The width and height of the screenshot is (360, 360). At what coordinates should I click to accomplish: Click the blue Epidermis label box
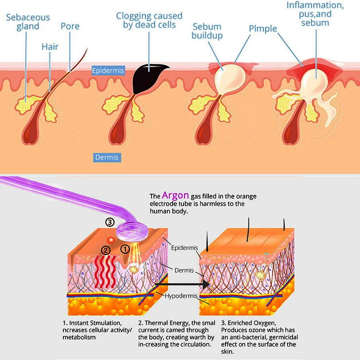(x=108, y=71)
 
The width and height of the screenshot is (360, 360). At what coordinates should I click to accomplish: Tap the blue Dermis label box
(x=107, y=157)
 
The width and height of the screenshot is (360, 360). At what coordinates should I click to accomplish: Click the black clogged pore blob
(x=149, y=78)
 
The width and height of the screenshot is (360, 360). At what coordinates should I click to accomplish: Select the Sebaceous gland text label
(x=28, y=22)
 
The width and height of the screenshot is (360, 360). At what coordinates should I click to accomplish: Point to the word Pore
(x=70, y=26)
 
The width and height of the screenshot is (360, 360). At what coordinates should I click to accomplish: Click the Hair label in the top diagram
(x=50, y=47)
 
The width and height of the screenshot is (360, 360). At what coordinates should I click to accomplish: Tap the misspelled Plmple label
(x=263, y=29)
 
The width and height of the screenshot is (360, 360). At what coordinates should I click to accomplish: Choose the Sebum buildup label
(x=207, y=31)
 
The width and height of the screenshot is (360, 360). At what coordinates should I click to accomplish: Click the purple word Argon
(x=175, y=195)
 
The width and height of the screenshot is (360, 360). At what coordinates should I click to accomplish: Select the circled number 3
(x=110, y=222)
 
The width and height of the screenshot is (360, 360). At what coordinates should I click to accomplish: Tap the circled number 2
(x=106, y=250)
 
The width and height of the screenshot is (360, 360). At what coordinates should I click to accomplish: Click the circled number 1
(x=125, y=249)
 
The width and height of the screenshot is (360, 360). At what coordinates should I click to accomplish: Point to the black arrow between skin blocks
(x=183, y=284)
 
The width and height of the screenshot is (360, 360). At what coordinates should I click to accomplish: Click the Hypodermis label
(x=181, y=296)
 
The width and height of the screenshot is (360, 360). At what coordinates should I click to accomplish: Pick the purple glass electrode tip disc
(x=132, y=232)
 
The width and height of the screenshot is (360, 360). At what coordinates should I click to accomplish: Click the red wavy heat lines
(x=105, y=272)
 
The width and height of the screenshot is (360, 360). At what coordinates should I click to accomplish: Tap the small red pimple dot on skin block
(x=111, y=240)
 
